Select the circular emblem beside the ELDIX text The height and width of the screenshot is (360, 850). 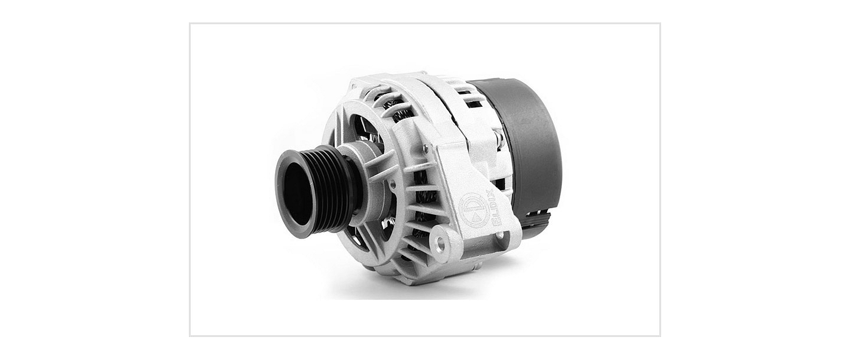point(473,211)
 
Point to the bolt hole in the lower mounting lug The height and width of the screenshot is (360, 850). point(440,241)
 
